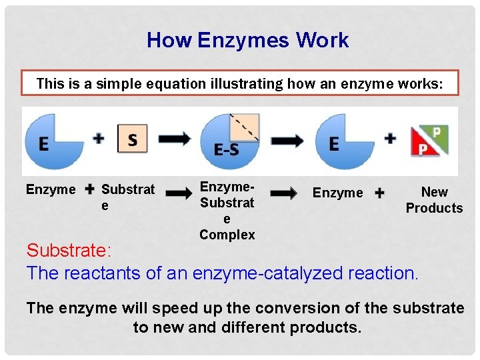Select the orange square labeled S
click(x=132, y=139)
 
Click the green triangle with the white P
click(x=439, y=135)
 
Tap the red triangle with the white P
click(x=423, y=147)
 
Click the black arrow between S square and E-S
click(x=175, y=139)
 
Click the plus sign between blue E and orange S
click(x=99, y=139)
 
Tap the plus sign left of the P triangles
click(x=390, y=139)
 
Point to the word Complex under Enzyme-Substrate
click(x=227, y=235)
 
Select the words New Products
click(x=434, y=200)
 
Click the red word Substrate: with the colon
click(x=69, y=251)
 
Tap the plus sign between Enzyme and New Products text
click(x=379, y=193)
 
